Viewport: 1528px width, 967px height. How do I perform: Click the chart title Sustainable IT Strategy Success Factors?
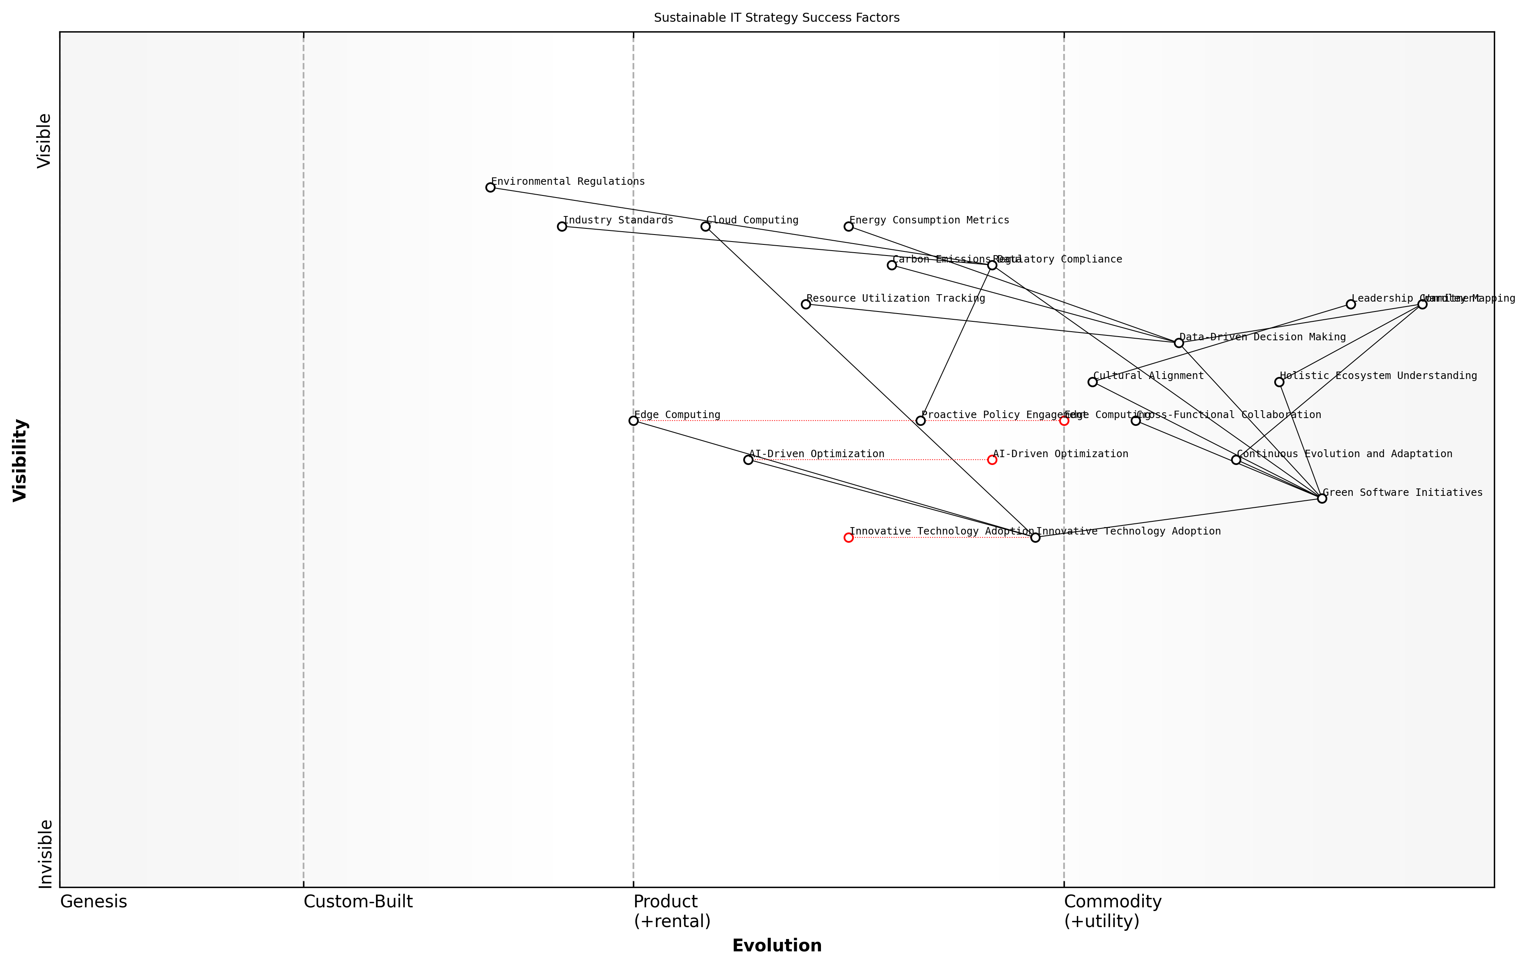(x=776, y=18)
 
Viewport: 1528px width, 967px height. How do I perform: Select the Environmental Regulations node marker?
(x=490, y=187)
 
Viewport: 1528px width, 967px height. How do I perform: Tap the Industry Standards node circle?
(x=561, y=226)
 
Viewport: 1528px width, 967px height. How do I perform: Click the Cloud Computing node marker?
(x=705, y=226)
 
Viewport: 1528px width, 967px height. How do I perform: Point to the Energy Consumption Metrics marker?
(x=849, y=226)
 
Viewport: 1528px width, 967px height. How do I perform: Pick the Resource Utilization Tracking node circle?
(x=805, y=304)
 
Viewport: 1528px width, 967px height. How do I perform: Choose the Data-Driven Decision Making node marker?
(x=1178, y=343)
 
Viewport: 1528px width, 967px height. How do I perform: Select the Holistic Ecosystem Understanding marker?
(x=1279, y=381)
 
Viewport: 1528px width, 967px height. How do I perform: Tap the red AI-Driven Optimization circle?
(x=992, y=460)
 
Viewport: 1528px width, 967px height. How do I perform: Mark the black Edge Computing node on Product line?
(x=633, y=420)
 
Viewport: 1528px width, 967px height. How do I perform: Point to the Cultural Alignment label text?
(x=1148, y=376)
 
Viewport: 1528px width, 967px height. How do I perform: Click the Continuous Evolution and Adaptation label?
(x=1344, y=454)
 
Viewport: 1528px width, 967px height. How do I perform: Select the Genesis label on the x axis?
(x=93, y=902)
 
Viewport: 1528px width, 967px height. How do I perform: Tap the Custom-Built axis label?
(x=358, y=902)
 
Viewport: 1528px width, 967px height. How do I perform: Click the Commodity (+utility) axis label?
(x=1112, y=911)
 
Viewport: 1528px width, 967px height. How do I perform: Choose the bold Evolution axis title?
(x=776, y=946)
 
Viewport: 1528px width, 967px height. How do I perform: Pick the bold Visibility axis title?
(x=20, y=460)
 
